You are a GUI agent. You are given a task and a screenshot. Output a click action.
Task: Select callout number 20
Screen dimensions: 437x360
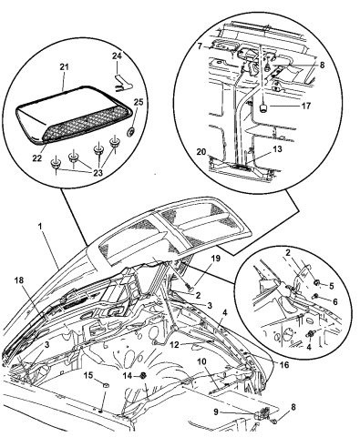click(200, 153)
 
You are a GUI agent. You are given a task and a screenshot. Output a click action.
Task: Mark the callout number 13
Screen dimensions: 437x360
click(265, 151)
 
